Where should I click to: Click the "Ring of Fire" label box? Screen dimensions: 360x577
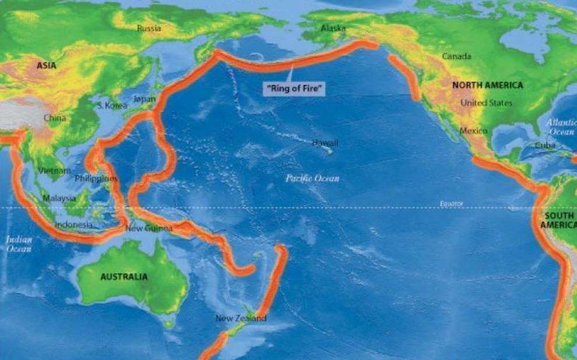point(295,89)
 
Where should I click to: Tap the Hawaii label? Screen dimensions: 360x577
point(325,143)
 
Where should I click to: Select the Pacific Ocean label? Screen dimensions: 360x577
point(312,178)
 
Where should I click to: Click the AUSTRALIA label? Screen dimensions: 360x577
point(124,277)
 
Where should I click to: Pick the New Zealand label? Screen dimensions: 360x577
point(241,318)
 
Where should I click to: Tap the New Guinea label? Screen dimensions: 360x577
point(149,228)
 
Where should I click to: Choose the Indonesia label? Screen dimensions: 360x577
point(73,224)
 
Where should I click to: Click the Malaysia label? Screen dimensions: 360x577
point(59,198)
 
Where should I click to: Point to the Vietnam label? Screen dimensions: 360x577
point(54,171)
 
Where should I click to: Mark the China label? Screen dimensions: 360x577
point(55,118)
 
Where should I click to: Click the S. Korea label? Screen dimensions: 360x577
point(112,105)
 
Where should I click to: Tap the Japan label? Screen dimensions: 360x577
point(145,99)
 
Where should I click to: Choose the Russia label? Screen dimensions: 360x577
point(149,28)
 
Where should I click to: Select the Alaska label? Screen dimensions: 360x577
point(333,28)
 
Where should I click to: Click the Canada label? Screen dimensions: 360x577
point(456,57)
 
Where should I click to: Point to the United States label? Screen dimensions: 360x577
point(487,103)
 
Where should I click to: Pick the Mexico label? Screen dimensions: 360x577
point(473,131)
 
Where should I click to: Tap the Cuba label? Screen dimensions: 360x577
point(545,146)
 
